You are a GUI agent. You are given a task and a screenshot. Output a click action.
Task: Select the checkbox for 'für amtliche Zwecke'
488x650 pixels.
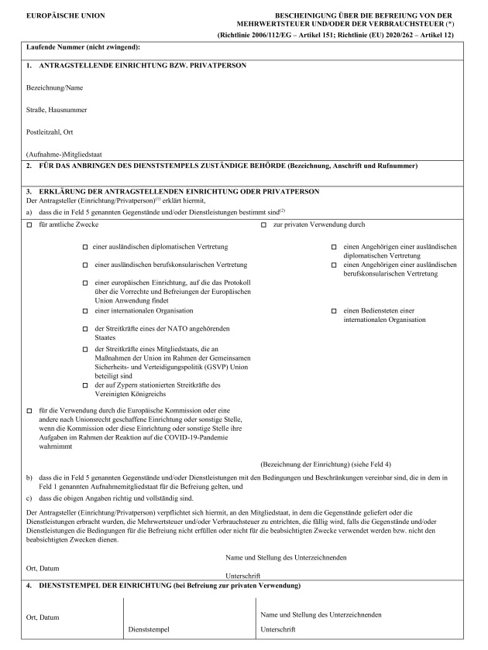pos(29,224)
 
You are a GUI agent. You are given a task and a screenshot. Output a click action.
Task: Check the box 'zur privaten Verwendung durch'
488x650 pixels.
pos(264,224)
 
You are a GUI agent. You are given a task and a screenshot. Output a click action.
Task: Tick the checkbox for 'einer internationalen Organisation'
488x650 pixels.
pos(85,310)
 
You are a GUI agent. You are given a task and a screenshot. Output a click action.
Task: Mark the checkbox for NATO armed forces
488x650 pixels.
pos(85,330)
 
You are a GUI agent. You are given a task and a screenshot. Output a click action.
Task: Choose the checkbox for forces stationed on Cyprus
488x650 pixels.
pos(85,385)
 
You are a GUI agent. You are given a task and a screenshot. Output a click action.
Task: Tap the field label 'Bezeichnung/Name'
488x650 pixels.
pos(54,89)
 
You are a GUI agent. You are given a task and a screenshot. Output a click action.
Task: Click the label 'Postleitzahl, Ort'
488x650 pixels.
pos(51,132)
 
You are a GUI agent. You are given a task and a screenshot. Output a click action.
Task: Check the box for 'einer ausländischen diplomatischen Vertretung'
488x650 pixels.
pos(85,247)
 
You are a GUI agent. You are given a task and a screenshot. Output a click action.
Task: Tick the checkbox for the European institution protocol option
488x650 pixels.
pos(85,282)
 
